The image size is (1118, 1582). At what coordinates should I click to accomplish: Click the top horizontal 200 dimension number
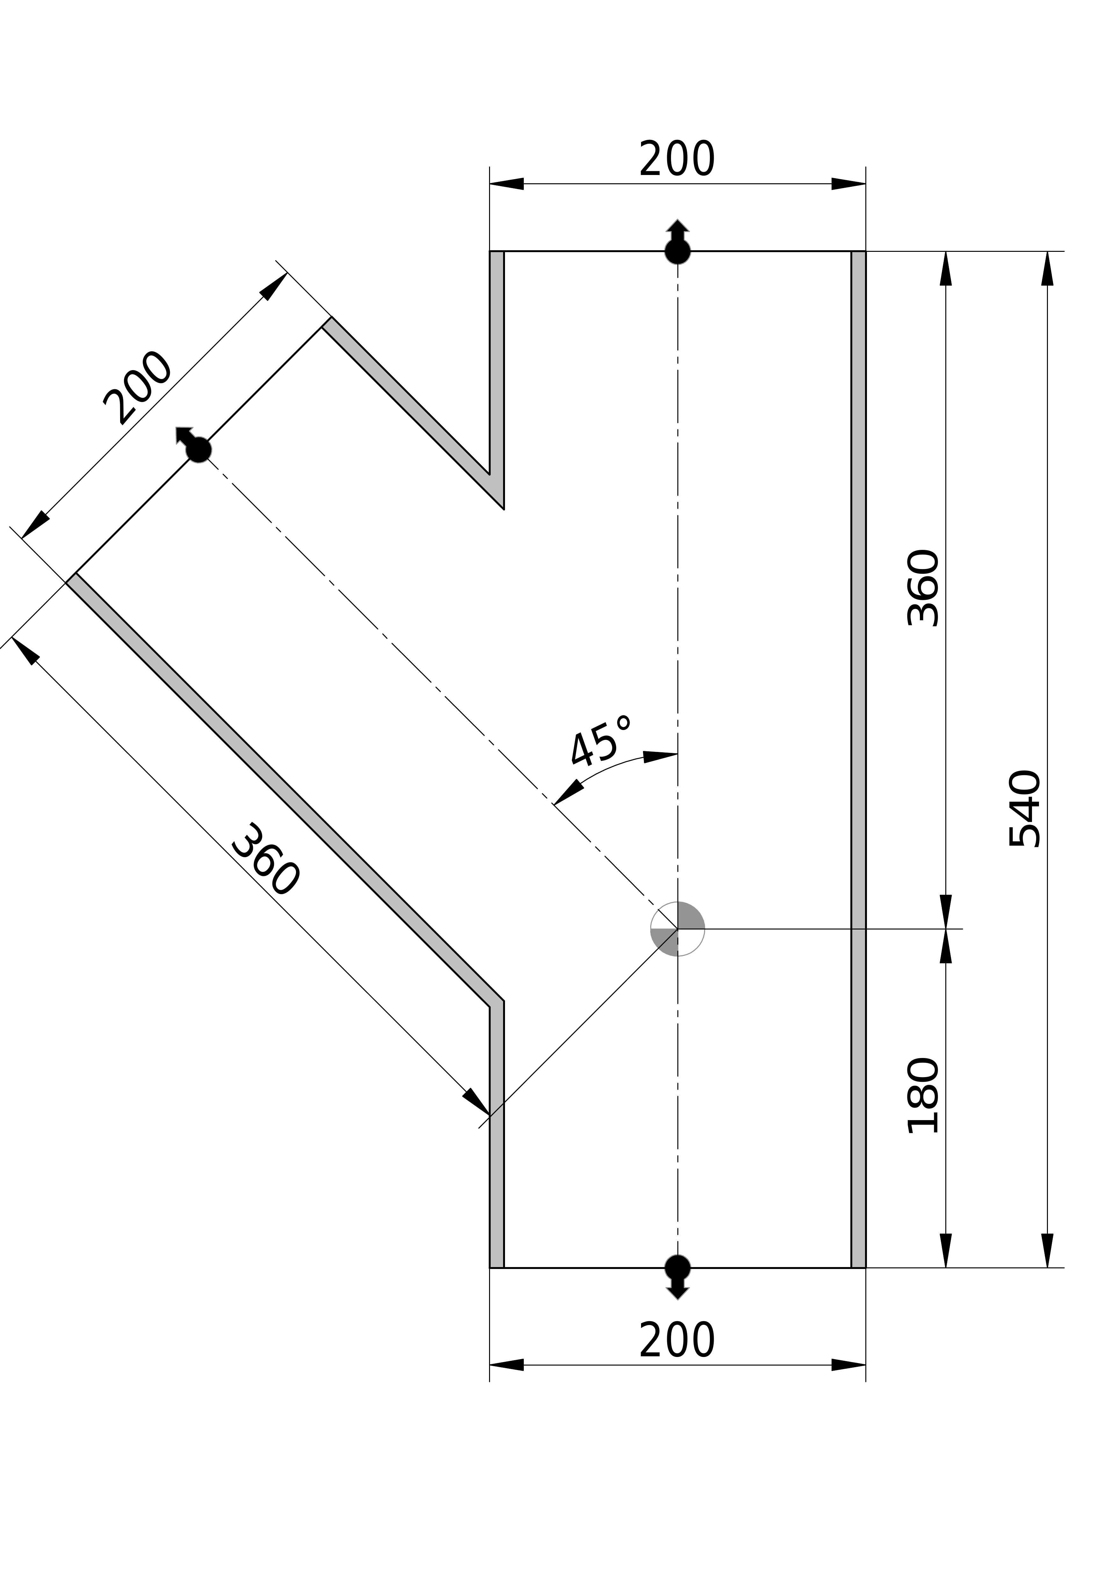[x=677, y=159]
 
